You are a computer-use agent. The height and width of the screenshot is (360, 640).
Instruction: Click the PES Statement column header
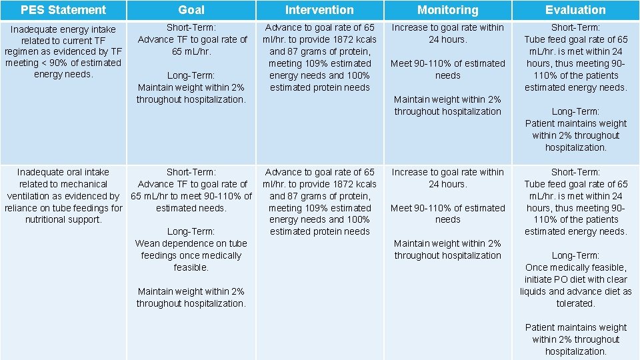pos(63,10)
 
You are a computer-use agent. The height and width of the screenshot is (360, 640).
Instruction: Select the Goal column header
pos(191,10)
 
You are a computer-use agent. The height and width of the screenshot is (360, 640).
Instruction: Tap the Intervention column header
pos(319,10)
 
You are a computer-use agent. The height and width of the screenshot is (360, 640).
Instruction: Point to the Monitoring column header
pos(447,10)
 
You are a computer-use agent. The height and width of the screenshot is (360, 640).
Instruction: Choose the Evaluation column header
pos(575,10)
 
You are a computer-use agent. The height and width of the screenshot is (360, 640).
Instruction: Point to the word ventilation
pos(29,196)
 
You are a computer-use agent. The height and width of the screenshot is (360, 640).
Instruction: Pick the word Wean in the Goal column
pos(147,243)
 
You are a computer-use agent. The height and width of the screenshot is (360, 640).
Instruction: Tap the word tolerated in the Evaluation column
pos(575,303)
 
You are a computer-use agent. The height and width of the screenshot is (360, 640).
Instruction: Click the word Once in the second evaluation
pos(537,267)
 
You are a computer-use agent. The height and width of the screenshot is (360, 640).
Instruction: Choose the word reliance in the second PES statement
pos(22,208)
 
